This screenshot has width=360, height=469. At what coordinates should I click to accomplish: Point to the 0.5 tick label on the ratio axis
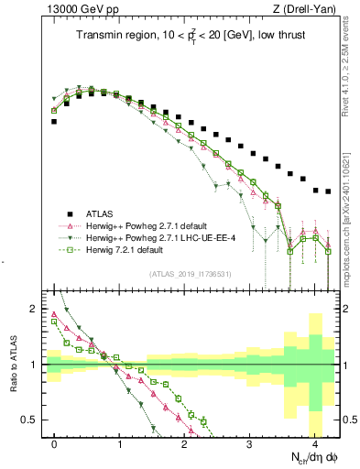pyautogui.click(x=28, y=420)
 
